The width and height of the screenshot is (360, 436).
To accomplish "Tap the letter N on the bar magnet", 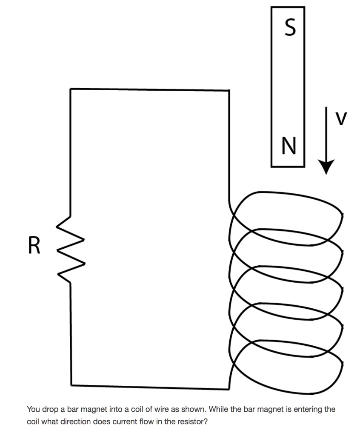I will click(x=288, y=147).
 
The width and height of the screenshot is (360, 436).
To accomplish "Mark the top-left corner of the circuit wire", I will click(x=71, y=89).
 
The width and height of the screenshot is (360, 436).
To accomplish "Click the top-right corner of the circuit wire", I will click(x=229, y=90).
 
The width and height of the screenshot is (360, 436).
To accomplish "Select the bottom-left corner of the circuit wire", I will click(x=71, y=385).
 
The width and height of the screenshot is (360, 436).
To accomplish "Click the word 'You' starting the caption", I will click(x=33, y=410).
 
